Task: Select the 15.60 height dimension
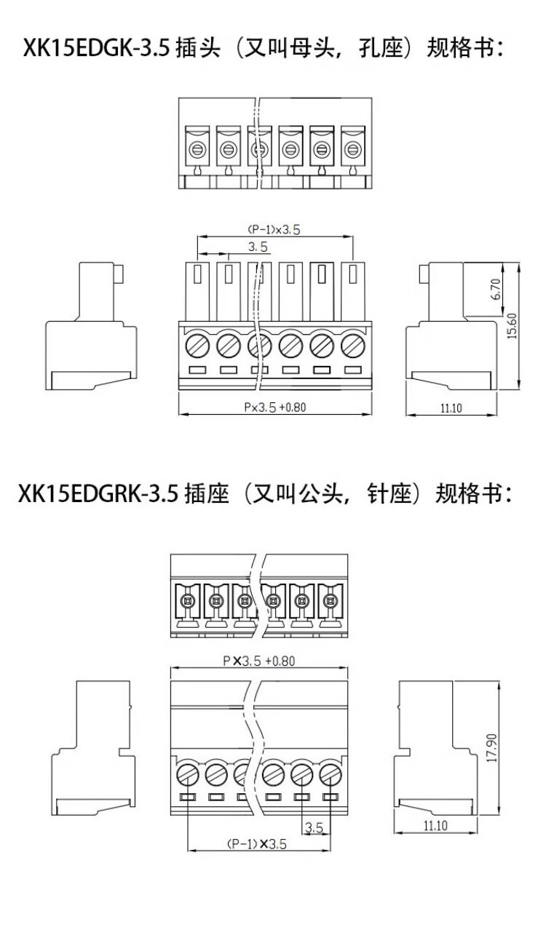coord(513,326)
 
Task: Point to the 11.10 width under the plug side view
coord(451,408)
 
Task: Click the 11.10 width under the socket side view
coord(435,825)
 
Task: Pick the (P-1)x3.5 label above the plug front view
coord(274,229)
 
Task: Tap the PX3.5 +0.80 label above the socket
coord(258,661)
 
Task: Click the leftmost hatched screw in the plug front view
coord(197,343)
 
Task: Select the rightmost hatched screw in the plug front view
coord(352,343)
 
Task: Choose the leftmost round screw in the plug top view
coord(197,151)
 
